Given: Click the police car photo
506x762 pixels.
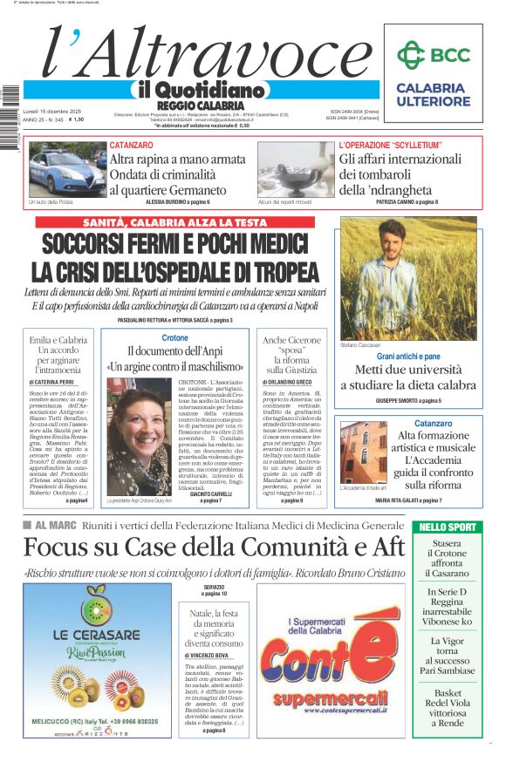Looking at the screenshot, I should coord(65,169).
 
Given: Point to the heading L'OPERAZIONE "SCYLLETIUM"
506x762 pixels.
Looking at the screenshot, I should coord(390,145).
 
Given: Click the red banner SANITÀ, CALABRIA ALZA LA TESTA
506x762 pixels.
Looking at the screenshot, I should coord(175,222).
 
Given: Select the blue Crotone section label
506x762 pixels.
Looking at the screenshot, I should coord(174,337).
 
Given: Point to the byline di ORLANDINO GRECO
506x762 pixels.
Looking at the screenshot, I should coord(292,381).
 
